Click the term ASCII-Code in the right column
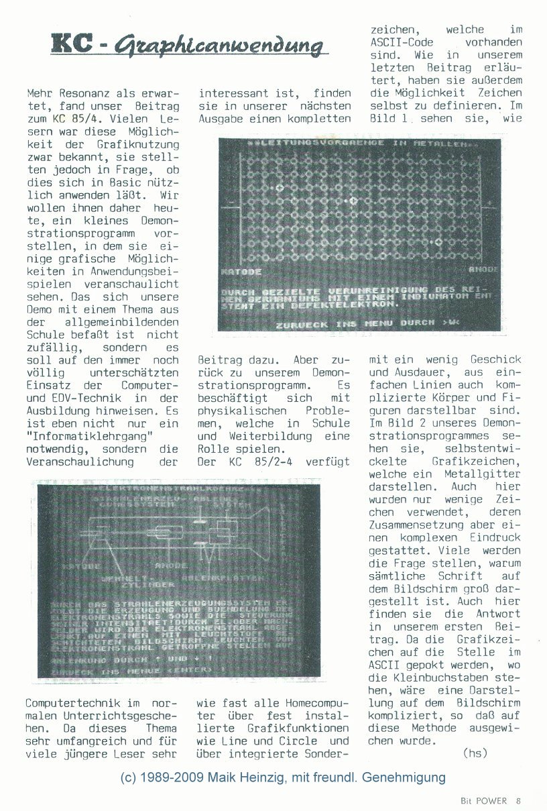[x=400, y=42]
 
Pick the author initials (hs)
[x=475, y=753]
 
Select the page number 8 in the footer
[x=518, y=800]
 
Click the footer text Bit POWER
[x=484, y=800]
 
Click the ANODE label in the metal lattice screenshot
[x=483, y=269]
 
